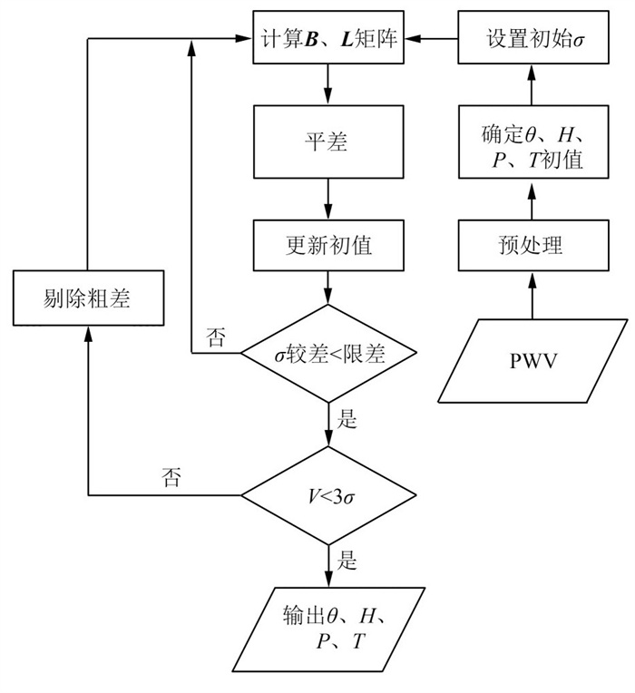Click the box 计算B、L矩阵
coord(328,40)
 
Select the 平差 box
coord(328,143)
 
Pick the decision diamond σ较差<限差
coord(328,353)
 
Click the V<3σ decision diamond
coord(328,495)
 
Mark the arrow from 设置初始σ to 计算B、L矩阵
coord(431,40)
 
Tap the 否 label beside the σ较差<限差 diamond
coord(216,338)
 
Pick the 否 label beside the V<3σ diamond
coord(171,479)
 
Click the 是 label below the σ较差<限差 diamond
coord(347,420)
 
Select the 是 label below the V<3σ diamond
coord(347,561)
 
